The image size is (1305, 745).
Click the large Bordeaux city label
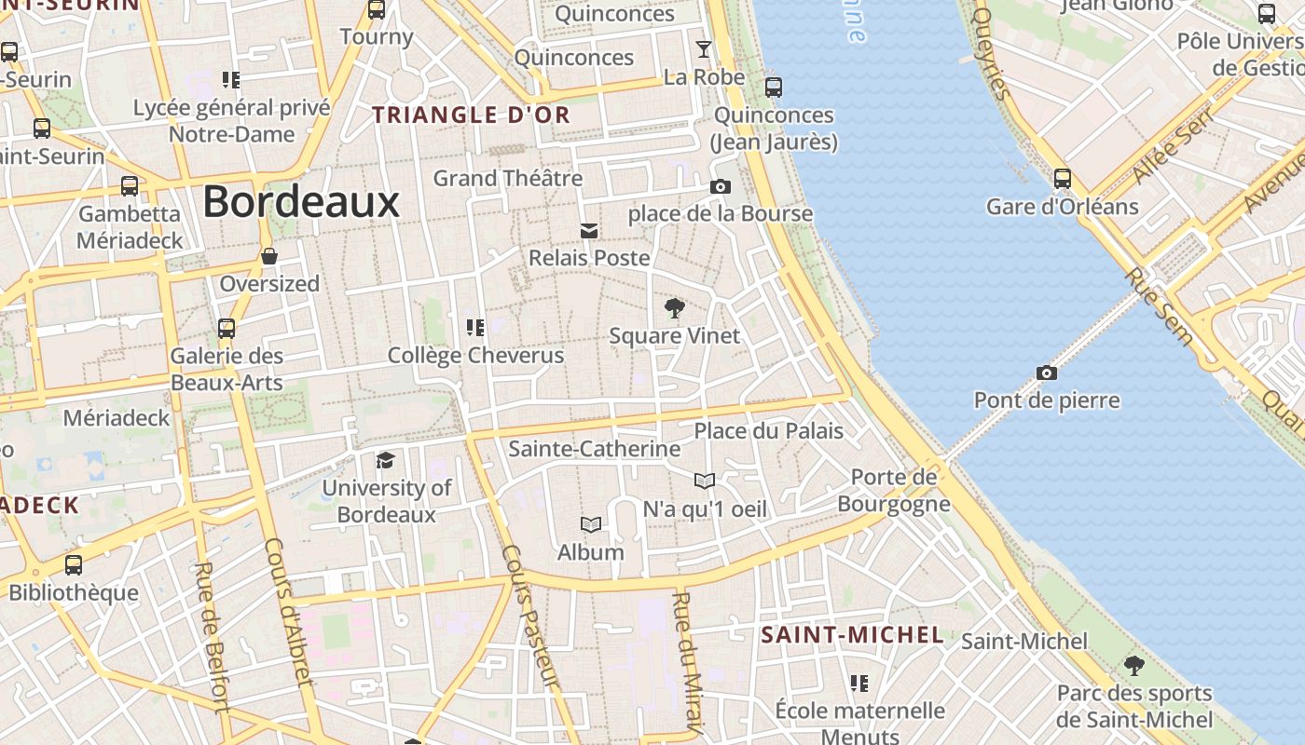[300, 201]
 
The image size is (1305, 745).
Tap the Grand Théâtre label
[508, 178]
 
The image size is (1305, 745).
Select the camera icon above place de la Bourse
[720, 187]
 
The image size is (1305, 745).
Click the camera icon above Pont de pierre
[1047, 373]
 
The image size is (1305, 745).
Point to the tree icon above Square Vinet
[674, 308]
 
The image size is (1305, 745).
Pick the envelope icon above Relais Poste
[588, 230]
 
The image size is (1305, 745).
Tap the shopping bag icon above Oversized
[269, 256]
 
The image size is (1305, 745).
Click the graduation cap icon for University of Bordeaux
[385, 460]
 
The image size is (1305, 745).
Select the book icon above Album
[590, 524]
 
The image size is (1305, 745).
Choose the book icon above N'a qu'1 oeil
[705, 481]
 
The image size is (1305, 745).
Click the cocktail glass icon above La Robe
[704, 49]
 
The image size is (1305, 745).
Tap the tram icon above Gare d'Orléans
[1062, 179]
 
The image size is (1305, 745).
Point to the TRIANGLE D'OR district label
[471, 115]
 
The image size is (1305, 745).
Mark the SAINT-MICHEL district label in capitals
[852, 635]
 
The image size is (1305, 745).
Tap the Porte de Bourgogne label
[893, 491]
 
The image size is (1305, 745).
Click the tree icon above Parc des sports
[1133, 666]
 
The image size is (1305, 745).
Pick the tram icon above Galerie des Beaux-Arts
[226, 329]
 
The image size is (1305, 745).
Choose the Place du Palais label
[768, 431]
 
